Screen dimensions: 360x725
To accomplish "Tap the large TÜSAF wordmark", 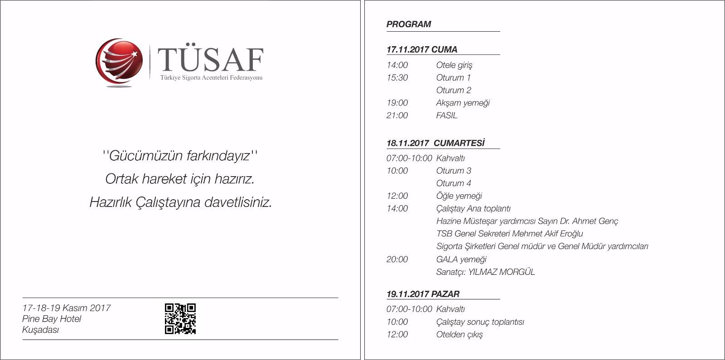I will click(x=210, y=59).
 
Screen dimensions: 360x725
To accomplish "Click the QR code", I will click(x=180, y=319).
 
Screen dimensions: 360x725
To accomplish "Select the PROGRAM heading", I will click(x=409, y=24).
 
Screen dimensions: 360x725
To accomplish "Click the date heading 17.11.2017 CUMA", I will click(x=422, y=50).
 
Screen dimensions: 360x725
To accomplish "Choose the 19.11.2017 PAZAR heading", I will click(x=423, y=294).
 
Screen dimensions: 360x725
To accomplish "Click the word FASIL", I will click(x=447, y=115).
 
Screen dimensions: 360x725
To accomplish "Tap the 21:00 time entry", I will click(x=397, y=115).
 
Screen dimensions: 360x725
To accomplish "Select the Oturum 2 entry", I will click(x=454, y=90).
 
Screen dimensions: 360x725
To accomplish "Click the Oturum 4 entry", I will click(x=454, y=183).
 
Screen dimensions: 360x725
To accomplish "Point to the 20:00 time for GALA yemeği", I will click(x=397, y=259).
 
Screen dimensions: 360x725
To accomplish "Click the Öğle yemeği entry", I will click(x=459, y=196).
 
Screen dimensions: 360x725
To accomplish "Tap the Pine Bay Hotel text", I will click(x=52, y=319).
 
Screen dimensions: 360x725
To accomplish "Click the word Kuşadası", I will click(x=41, y=330).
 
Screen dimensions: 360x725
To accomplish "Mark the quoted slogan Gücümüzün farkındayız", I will click(x=180, y=156).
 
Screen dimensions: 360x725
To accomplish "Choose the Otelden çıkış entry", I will click(x=459, y=335).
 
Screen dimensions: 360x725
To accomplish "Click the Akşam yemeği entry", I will click(x=463, y=103).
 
